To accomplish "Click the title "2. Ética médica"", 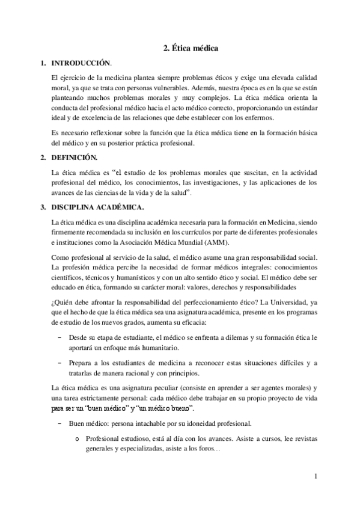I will click(191, 47).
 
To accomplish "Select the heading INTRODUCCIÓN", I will click(82, 63).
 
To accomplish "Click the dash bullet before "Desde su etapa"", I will click(59, 339).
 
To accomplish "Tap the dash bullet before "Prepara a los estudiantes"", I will click(59, 363).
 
